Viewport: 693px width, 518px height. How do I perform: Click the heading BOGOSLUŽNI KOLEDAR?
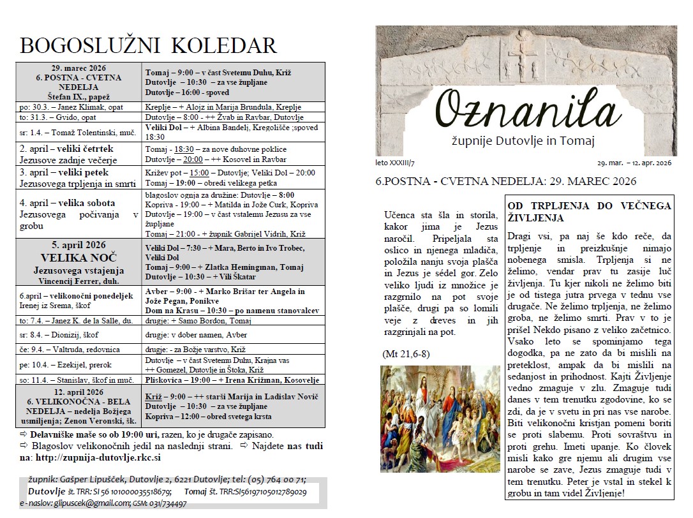pyautogui.click(x=148, y=45)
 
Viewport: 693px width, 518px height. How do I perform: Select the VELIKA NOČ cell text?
pyautogui.click(x=80, y=259)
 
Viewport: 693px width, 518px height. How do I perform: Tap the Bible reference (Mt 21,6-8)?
pyautogui.click(x=405, y=353)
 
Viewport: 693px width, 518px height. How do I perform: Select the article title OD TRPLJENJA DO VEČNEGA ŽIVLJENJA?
pyautogui.click(x=589, y=212)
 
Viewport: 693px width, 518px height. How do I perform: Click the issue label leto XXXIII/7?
pyautogui.click(x=395, y=163)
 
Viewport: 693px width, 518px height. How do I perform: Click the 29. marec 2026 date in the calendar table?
pyautogui.click(x=80, y=68)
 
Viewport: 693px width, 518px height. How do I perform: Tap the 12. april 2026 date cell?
pyautogui.click(x=80, y=392)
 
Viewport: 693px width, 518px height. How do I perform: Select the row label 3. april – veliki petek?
pyautogui.click(x=64, y=172)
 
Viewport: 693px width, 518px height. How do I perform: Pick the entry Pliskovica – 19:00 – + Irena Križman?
pyautogui.click(x=232, y=380)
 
